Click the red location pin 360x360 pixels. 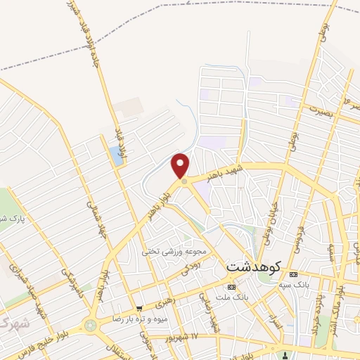click(181, 166)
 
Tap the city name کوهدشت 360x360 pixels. click(254, 267)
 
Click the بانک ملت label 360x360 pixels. click(233, 298)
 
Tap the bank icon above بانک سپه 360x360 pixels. click(294, 274)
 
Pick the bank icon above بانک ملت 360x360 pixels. click(233, 287)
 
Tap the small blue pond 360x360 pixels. click(117, 155)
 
